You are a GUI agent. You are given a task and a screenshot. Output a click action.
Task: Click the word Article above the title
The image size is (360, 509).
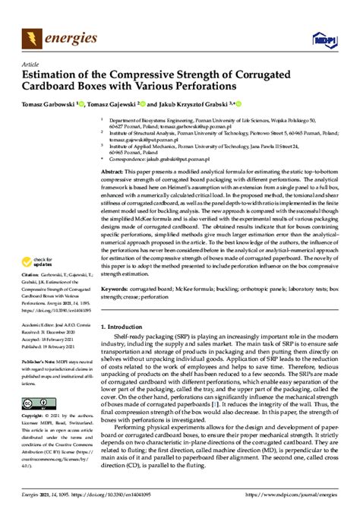tap(33, 65)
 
